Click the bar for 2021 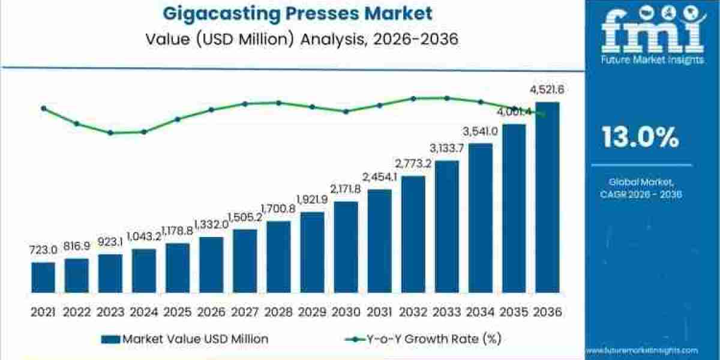43,277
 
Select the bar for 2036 547,198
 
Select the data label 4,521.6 547,91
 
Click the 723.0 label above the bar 43,249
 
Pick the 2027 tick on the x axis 245,311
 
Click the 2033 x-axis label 446,311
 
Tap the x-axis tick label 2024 144,311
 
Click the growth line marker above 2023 110,132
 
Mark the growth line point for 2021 43,108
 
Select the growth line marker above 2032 413,98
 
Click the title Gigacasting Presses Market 292,13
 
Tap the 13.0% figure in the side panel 641,139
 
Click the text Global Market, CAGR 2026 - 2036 641,187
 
